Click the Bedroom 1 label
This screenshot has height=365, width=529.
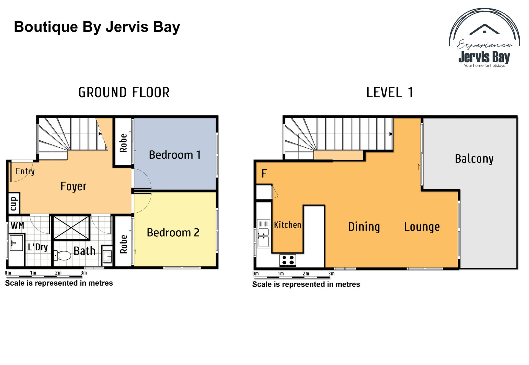[175, 155]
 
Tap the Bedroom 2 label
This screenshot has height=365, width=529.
[173, 232]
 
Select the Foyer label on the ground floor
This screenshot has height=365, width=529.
[73, 186]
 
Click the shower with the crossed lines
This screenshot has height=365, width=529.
[71, 228]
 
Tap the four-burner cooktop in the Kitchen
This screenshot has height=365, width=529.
[288, 260]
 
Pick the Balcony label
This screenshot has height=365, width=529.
[474, 159]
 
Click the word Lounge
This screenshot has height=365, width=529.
[422, 227]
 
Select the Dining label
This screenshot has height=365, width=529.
[364, 227]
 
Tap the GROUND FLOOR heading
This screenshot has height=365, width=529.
[124, 93]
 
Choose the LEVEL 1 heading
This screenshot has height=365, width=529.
[390, 93]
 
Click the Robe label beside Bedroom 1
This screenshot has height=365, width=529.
[123, 143]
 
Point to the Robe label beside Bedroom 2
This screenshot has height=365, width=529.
[123, 244]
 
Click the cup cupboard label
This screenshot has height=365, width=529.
[13, 204]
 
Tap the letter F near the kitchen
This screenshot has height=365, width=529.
[264, 174]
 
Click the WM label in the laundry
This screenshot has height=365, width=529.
[17, 225]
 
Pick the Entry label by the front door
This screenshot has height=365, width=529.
[25, 171]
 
